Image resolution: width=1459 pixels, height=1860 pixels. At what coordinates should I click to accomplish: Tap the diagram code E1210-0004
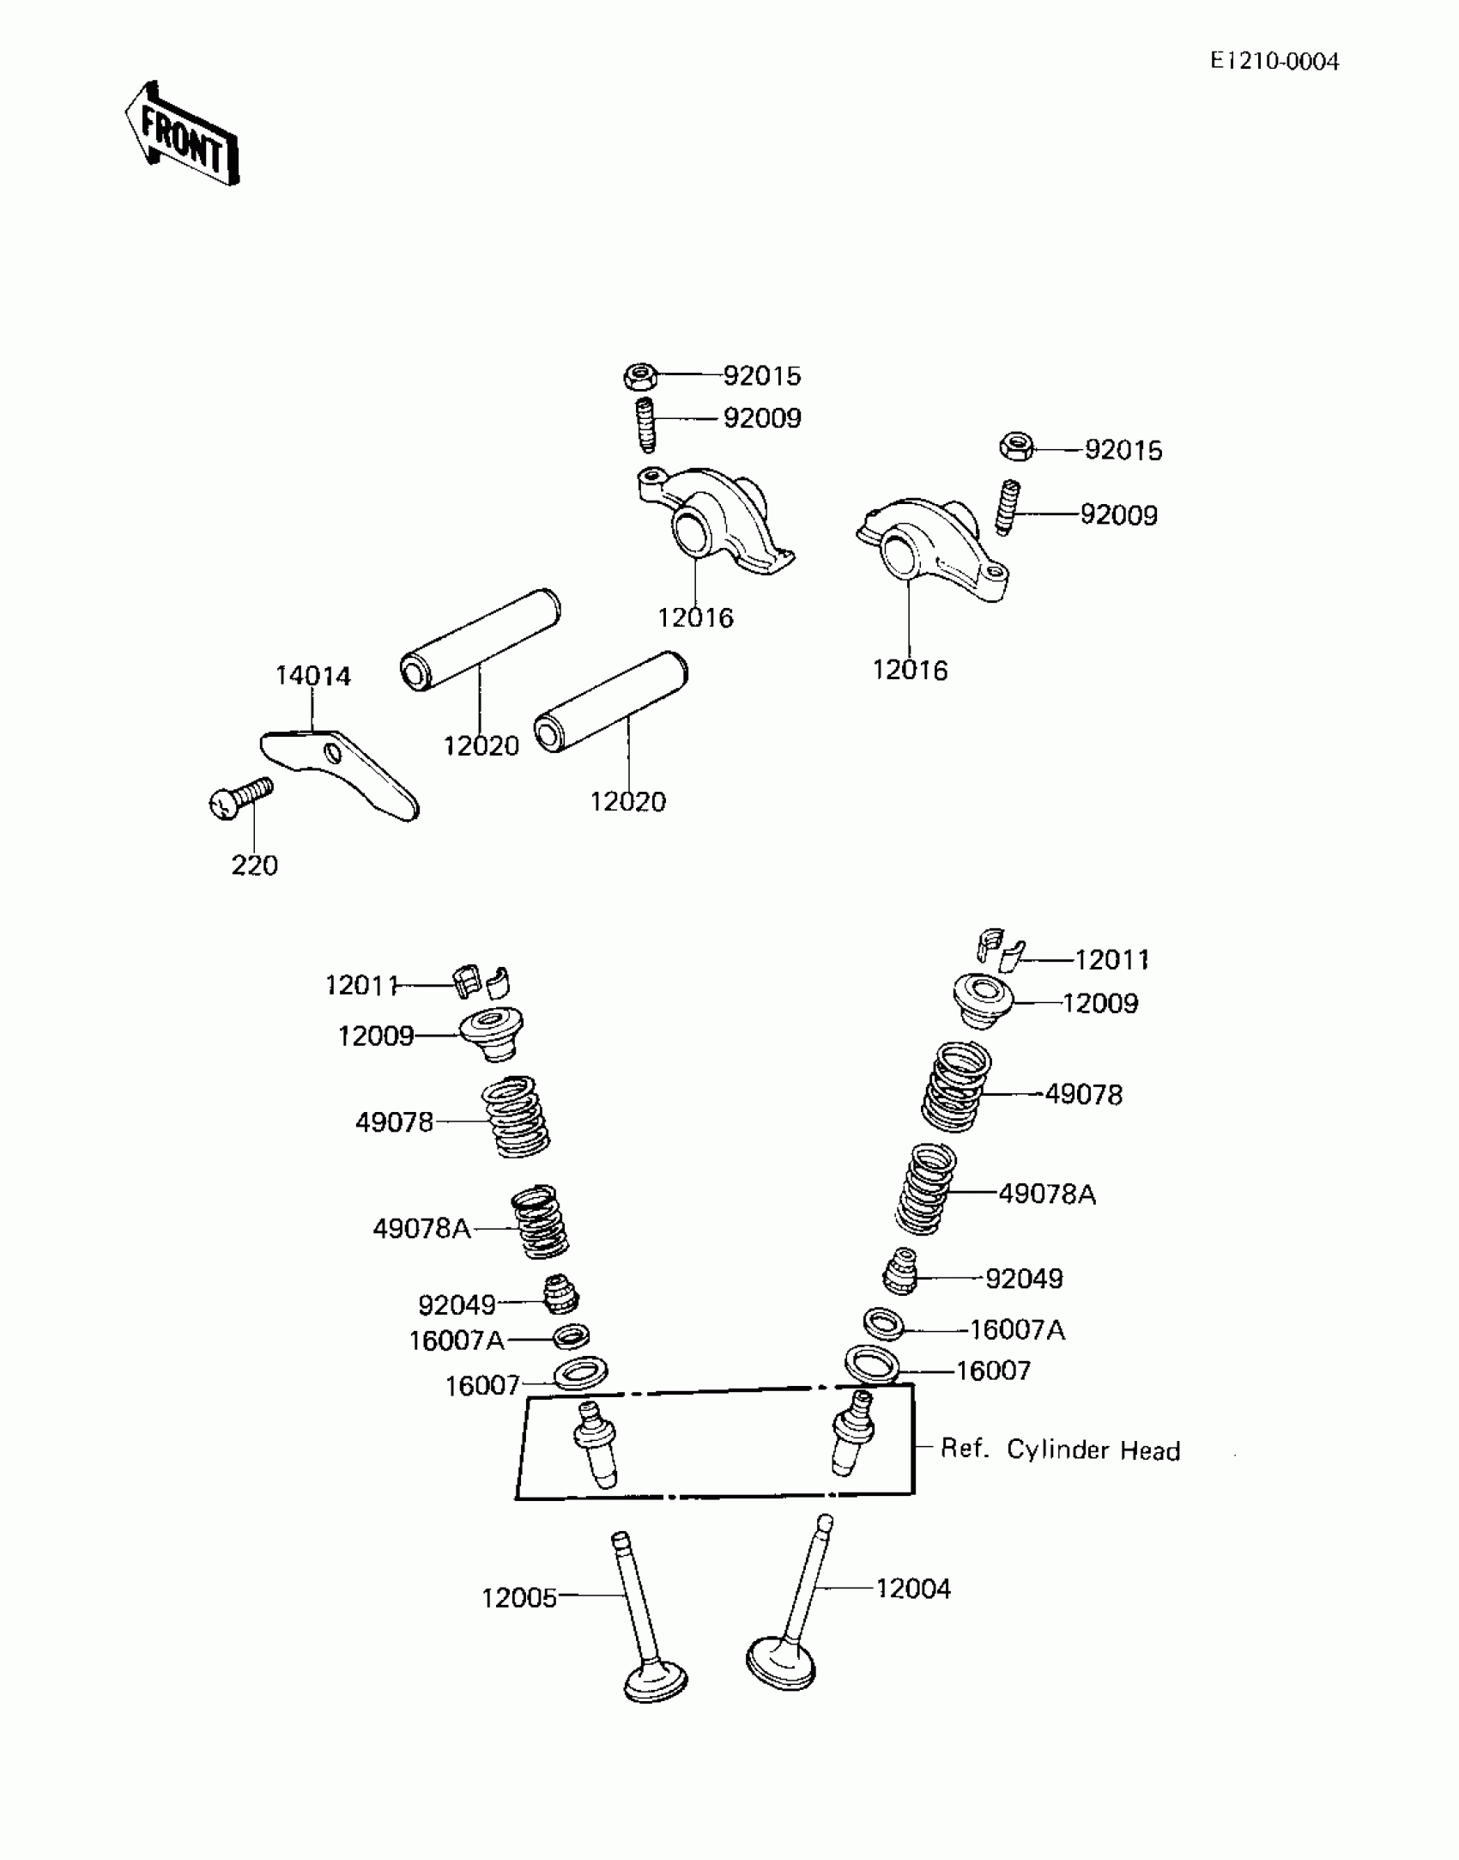click(1274, 62)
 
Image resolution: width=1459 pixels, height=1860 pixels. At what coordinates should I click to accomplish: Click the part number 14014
click(313, 676)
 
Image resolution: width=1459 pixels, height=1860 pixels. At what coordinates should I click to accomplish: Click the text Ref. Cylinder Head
click(1060, 1450)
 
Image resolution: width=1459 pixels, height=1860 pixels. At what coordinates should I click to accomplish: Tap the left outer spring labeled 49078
click(515, 1116)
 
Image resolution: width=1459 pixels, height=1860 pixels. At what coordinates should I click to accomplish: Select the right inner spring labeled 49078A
click(925, 1189)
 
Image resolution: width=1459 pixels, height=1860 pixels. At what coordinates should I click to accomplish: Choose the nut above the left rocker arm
click(640, 375)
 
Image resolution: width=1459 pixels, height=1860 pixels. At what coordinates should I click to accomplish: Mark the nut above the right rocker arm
click(1017, 447)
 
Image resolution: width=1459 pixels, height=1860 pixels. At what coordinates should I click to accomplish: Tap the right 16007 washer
click(872, 1364)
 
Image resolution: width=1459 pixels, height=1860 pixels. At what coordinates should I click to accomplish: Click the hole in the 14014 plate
click(332, 753)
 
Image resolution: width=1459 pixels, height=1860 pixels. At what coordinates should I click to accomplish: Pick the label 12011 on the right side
click(1111, 959)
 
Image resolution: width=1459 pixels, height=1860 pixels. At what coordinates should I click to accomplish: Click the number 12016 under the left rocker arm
click(695, 617)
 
